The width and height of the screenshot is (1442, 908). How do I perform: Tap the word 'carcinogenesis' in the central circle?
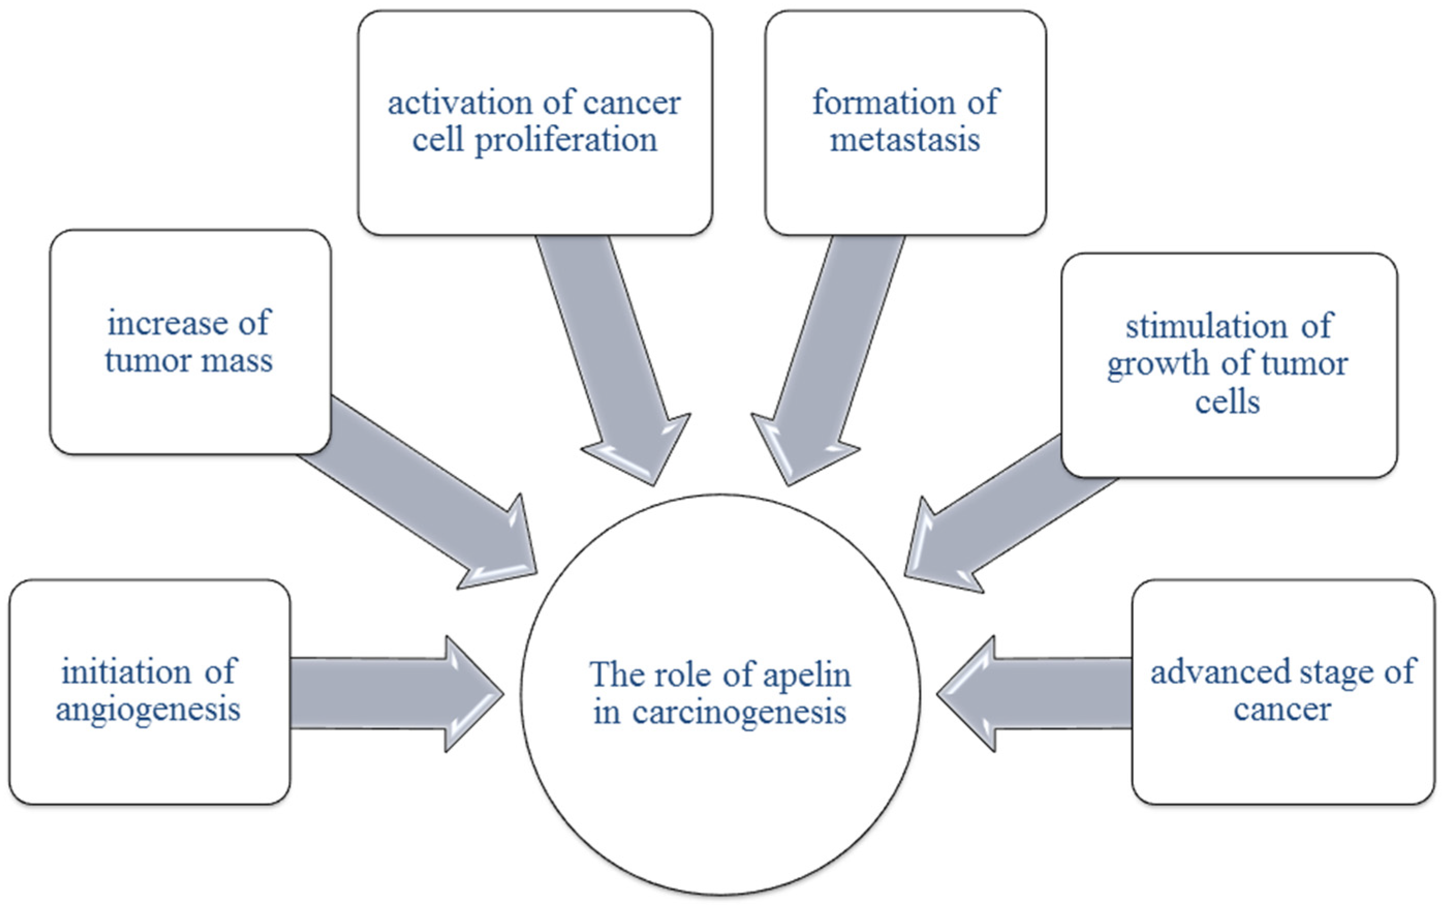click(x=739, y=713)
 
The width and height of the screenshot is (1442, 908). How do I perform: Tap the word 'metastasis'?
click(x=905, y=140)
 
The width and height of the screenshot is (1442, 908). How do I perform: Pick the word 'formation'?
click(x=884, y=103)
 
